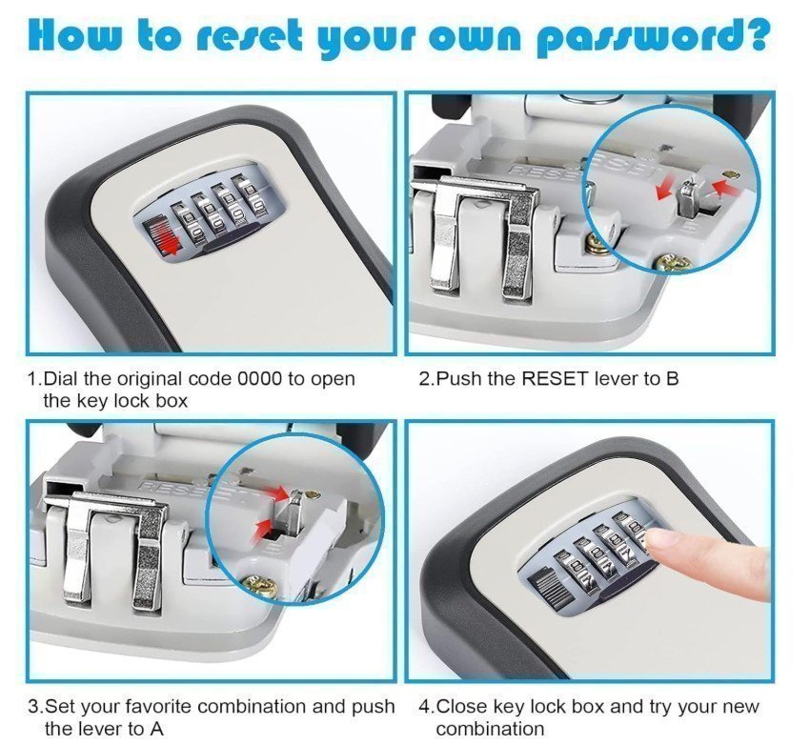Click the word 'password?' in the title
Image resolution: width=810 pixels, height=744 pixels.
tap(652, 38)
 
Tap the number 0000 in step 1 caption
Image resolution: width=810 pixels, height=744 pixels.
tap(260, 379)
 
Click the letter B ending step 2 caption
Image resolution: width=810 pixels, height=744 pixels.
tap(672, 379)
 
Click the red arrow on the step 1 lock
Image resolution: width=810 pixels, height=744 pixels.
tap(163, 239)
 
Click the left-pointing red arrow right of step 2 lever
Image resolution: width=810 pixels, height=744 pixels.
tap(727, 187)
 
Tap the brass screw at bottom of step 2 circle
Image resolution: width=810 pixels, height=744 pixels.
tap(672, 263)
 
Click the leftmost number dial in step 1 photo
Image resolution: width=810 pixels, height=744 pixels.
tap(185, 223)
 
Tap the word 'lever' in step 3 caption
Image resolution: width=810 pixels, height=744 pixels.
tap(95, 729)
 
